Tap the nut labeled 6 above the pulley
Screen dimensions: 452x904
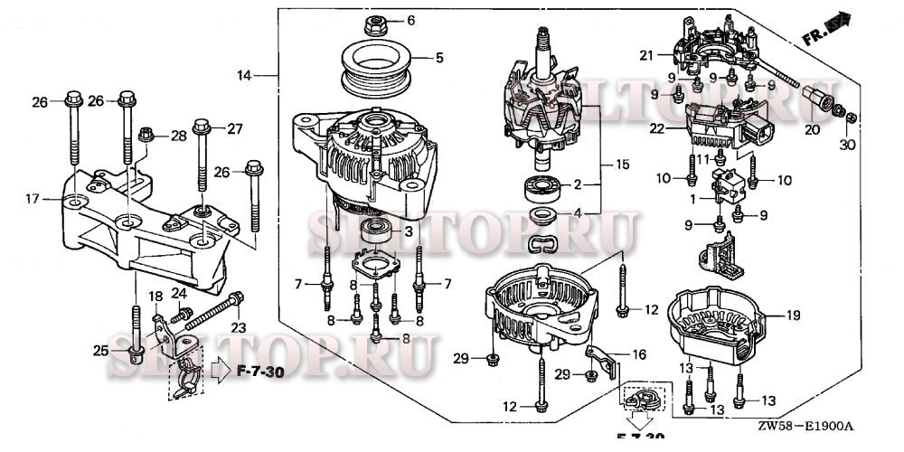(x=372, y=21)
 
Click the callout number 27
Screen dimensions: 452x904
(x=234, y=128)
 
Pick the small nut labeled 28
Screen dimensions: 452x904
(x=148, y=137)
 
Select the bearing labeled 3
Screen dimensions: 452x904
(x=373, y=231)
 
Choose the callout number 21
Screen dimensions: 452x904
(x=645, y=56)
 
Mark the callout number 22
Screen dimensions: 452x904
(x=657, y=129)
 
